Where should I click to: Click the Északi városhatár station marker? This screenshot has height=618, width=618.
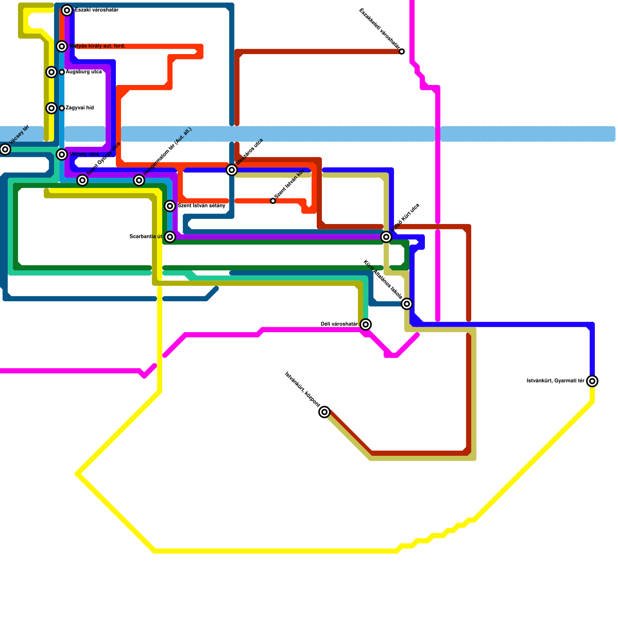(x=67, y=10)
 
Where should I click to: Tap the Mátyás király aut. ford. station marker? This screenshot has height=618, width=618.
(x=62, y=46)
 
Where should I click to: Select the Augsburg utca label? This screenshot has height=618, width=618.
(x=83, y=72)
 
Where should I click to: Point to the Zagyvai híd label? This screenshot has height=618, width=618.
(x=80, y=108)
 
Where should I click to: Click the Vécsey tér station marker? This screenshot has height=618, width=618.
(x=5, y=149)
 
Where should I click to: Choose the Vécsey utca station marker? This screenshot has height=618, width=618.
(x=62, y=154)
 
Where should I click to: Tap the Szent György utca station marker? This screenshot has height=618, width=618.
(x=82, y=180)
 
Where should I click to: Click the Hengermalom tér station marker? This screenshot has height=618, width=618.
(x=139, y=180)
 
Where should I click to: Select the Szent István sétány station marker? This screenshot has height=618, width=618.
(x=170, y=206)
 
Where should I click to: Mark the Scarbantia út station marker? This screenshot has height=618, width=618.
(x=170, y=237)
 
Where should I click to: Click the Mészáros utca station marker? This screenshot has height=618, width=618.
(x=232, y=170)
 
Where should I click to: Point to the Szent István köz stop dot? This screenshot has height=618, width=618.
(x=273, y=201)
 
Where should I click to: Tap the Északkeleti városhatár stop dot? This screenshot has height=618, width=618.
(x=402, y=52)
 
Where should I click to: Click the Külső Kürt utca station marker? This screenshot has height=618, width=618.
(x=386, y=237)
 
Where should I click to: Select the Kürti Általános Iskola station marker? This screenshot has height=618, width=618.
(x=407, y=304)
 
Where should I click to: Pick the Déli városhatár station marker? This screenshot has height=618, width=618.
(x=366, y=324)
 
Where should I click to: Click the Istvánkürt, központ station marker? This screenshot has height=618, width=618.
(x=325, y=412)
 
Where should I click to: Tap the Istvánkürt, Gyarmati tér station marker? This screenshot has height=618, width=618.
(x=592, y=381)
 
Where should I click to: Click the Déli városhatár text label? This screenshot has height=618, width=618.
(x=339, y=324)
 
